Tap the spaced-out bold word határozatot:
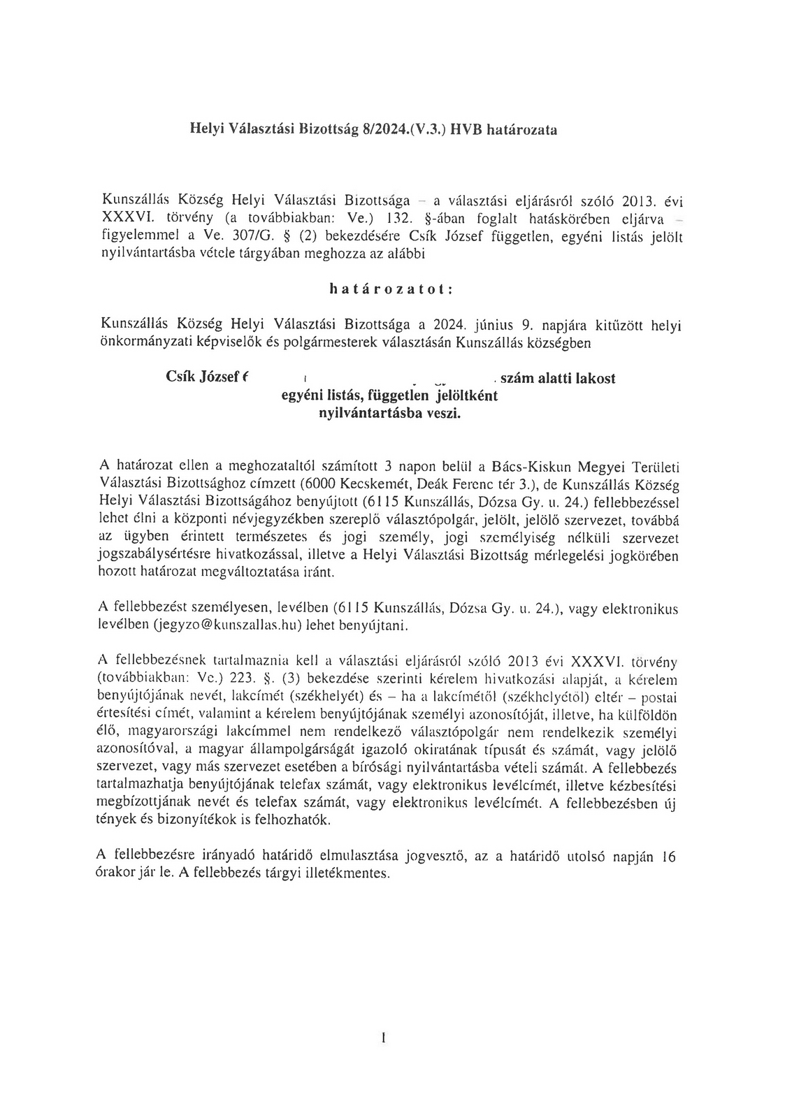[395, 289]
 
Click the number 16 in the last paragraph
[668, 857]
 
